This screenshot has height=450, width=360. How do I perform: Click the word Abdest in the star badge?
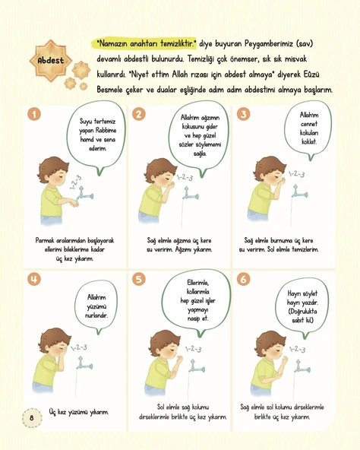click(51, 60)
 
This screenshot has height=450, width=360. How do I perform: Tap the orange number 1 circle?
click(34, 114)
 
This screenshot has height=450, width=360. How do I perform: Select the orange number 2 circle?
click(139, 114)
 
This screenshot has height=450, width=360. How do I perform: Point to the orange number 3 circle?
click(243, 114)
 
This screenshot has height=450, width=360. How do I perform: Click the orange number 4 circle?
click(34, 279)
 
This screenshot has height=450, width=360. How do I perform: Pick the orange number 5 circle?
click(139, 279)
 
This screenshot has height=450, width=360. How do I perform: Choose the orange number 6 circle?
click(243, 279)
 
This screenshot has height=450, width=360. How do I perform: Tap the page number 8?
click(32, 417)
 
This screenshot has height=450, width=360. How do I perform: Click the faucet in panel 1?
click(85, 194)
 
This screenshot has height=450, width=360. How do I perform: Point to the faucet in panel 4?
click(84, 364)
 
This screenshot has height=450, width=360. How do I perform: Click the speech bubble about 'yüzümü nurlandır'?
click(96, 308)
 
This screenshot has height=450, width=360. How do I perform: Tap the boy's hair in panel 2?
click(158, 170)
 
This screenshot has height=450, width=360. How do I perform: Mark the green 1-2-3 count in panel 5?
click(193, 349)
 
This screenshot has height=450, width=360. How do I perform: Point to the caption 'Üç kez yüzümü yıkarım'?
click(78, 412)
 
